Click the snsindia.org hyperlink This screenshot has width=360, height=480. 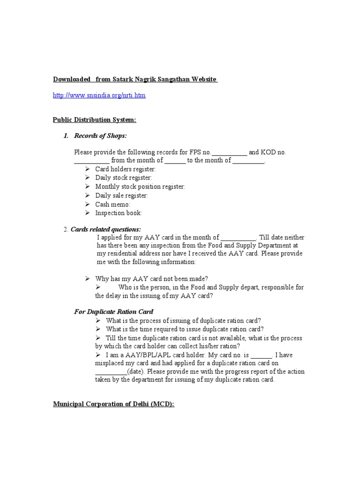pyautogui.click(x=99, y=95)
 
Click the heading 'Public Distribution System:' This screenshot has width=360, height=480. pyautogui.click(x=94, y=120)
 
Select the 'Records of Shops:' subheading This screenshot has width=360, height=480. pyautogui.click(x=100, y=136)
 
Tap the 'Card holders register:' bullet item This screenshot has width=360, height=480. pyautogui.click(x=126, y=169)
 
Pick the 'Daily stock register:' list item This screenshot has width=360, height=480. pyautogui.click(x=123, y=178)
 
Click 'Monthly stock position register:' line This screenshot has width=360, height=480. pyautogui.click(x=140, y=187)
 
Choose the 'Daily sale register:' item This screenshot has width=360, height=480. pyautogui.click(x=121, y=195)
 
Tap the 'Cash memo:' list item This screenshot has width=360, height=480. pyautogui.click(x=112, y=204)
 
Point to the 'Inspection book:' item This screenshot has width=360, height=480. pyautogui.click(x=118, y=213)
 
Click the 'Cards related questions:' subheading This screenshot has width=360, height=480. pyautogui.click(x=105, y=229)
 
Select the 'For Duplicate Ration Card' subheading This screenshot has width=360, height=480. pyautogui.click(x=114, y=312)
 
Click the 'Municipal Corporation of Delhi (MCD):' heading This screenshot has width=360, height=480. pyautogui.click(x=113, y=404)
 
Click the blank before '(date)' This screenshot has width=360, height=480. pyautogui.click(x=111, y=372)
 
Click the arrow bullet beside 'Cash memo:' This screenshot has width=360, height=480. pyautogui.click(x=88, y=204)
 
